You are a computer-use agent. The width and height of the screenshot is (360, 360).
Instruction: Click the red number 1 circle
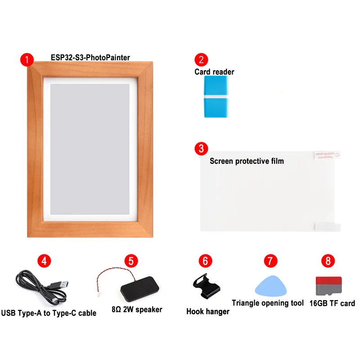[27, 60]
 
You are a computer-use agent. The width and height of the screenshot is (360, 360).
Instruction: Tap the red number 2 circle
[201, 60]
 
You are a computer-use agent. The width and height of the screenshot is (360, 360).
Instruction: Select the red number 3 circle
[201, 148]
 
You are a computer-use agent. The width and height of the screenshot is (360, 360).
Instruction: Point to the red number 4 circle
[44, 261]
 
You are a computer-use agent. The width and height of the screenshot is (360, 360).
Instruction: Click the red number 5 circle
[131, 261]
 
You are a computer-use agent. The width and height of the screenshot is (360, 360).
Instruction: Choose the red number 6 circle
[205, 261]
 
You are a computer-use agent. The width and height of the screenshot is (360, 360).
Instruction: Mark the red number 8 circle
[328, 261]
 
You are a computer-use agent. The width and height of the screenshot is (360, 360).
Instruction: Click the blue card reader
[216, 96]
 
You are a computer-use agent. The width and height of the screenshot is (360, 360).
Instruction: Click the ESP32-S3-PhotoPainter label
[90, 58]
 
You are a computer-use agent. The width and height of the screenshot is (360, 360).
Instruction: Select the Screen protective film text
[247, 161]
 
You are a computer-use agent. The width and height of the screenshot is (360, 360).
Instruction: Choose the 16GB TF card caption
[332, 303]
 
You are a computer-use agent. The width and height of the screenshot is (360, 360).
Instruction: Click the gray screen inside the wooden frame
[90, 148]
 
